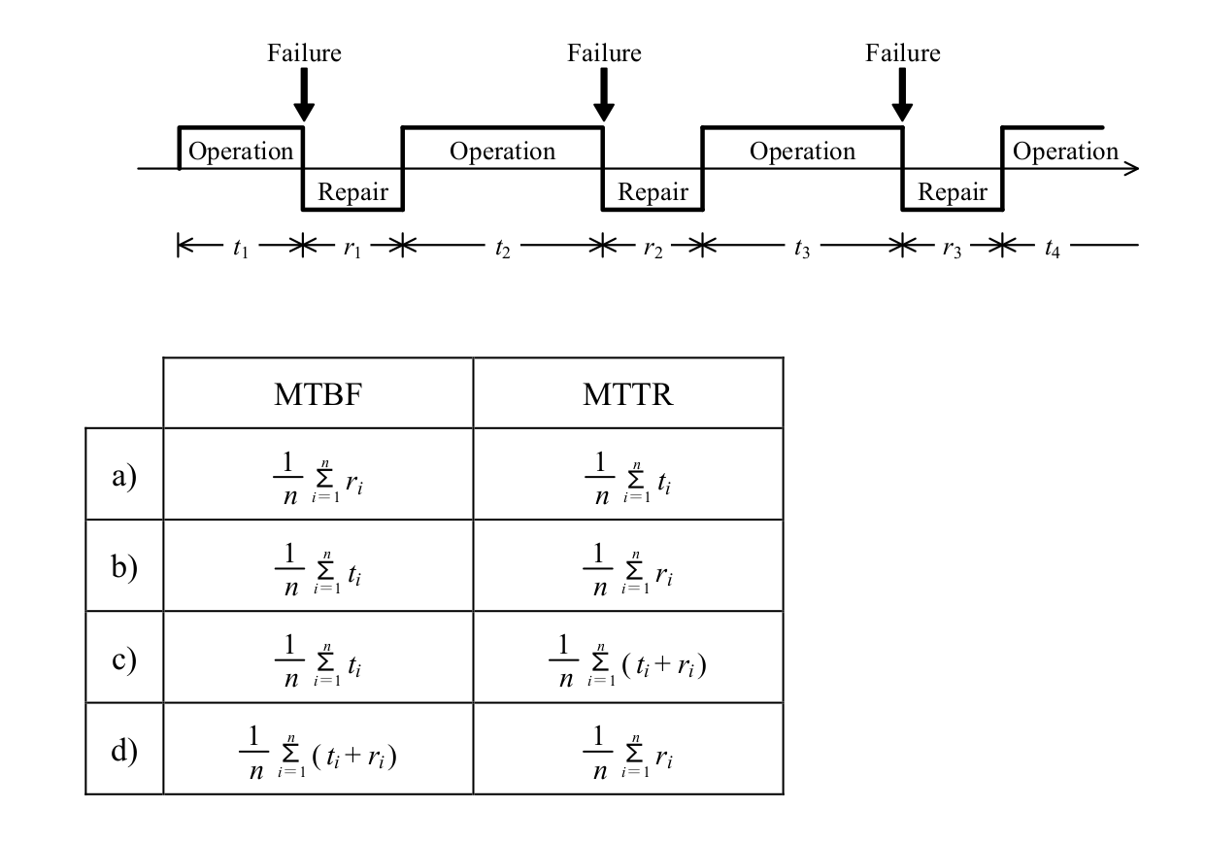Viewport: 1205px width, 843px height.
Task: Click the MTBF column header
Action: click(318, 394)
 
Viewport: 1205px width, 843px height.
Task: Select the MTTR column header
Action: click(628, 394)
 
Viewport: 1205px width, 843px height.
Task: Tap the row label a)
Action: click(124, 476)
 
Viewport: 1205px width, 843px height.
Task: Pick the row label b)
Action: click(124, 566)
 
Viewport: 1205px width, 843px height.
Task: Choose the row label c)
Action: click(124, 659)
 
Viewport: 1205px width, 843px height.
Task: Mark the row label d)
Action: click(124, 750)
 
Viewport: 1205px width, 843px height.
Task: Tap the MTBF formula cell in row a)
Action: click(318, 477)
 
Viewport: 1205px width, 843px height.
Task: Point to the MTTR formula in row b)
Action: click(628, 568)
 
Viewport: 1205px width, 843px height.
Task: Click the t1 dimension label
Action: click(241, 248)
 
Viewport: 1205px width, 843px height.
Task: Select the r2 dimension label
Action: click(653, 249)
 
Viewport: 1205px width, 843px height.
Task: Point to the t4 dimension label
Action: click(1053, 248)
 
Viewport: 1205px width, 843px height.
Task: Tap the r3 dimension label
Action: click(953, 249)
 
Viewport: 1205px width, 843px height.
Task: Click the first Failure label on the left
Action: click(305, 52)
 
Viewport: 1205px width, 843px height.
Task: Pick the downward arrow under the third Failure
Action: click(902, 95)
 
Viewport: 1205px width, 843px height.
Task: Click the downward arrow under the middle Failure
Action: click(604, 95)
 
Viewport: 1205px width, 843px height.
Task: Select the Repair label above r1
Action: click(352, 191)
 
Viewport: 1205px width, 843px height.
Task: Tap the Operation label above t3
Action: click(802, 152)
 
